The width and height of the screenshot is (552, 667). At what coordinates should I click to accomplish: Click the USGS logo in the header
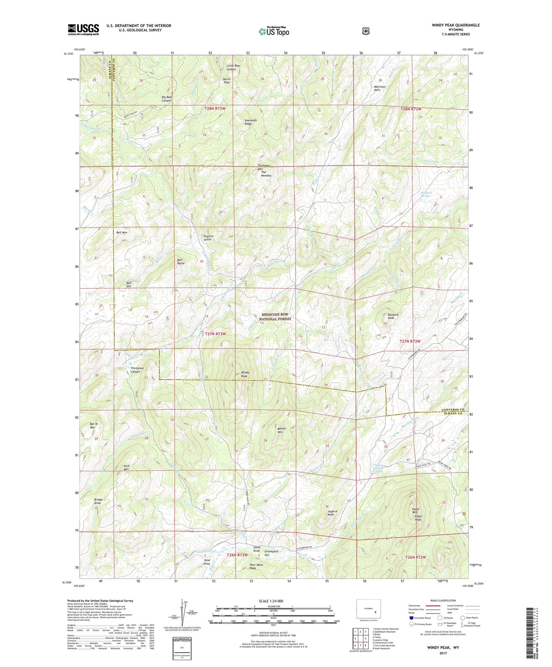[x=83, y=29]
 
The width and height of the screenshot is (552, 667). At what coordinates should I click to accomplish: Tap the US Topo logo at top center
[x=273, y=31]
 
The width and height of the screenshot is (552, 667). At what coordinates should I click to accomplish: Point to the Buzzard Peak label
[x=393, y=316]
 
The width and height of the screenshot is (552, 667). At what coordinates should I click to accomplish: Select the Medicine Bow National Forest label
[x=275, y=317]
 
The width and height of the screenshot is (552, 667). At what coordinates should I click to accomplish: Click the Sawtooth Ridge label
[x=248, y=122]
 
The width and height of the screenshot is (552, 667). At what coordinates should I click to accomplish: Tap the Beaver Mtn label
[x=282, y=430]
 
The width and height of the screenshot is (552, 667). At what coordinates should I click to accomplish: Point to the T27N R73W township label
[x=215, y=334]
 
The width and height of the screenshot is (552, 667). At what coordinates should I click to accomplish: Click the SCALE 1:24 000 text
[x=271, y=601]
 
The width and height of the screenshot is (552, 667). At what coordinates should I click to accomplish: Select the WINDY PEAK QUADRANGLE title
[x=456, y=25]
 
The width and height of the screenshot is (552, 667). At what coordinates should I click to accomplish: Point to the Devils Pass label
[x=227, y=81]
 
